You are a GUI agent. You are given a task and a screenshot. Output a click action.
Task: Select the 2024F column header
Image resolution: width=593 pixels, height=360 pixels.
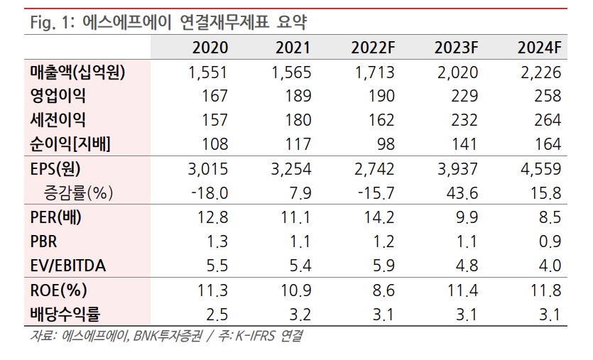tap(539, 48)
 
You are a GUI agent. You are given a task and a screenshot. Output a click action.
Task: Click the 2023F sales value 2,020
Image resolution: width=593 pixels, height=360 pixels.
tap(455, 72)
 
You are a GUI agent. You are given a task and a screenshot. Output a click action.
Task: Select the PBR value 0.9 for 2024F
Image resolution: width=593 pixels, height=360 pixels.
tap(550, 241)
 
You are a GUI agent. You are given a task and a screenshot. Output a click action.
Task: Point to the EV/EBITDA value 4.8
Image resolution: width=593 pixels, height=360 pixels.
tap(466, 265)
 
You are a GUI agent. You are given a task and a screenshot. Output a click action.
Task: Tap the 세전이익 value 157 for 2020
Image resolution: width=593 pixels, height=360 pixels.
tap(214, 120)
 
